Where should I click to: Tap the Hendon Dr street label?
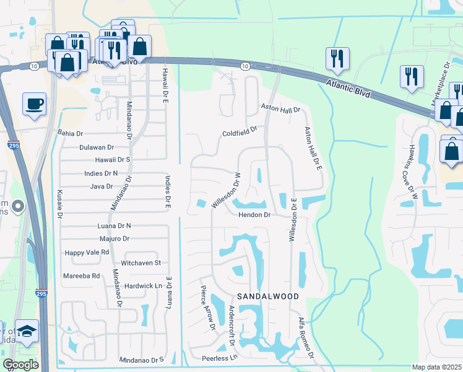pos(255,215)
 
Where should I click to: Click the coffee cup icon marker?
pos(35,104)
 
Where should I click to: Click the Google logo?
pos(20,365)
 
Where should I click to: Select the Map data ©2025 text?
pos(436,367)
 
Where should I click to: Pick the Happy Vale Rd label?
pos(87,252)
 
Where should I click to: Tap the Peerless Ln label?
pos(220,358)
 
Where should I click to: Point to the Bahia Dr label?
pos(70,133)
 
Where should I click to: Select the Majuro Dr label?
pos(114,238)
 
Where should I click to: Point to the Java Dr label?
pos(102,186)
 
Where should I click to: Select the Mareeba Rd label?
pos(82,275)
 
